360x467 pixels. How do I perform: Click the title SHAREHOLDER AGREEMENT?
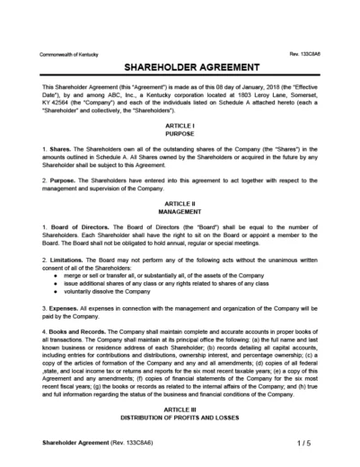tap(180, 68)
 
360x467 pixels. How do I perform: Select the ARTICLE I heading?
tap(180, 126)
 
